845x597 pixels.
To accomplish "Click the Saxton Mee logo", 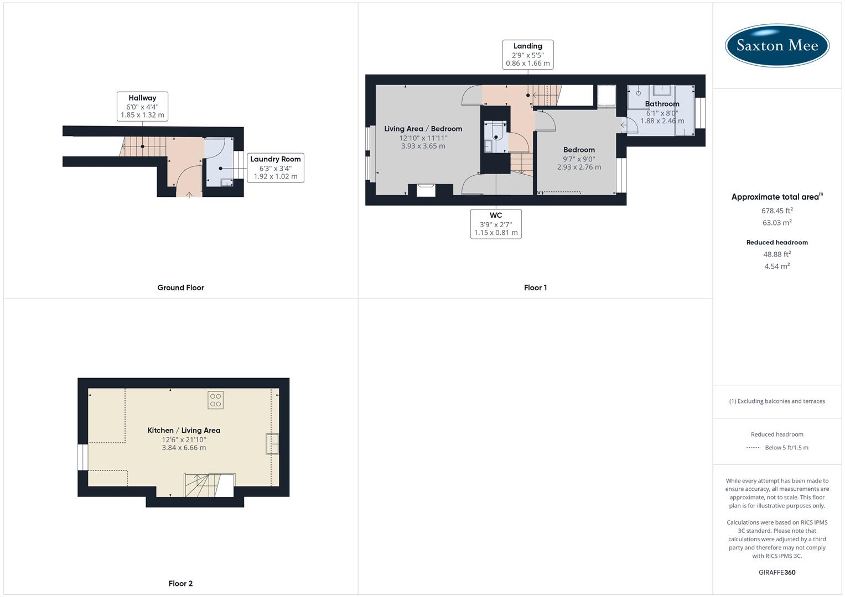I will (x=777, y=45).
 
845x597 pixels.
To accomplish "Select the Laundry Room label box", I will (x=275, y=168).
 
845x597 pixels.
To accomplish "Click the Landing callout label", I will (x=527, y=55).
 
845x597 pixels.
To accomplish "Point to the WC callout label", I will (x=496, y=224).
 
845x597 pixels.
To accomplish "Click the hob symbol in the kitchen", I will (x=216, y=400).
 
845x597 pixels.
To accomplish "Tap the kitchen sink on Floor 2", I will (x=272, y=444).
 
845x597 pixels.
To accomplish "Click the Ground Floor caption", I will (x=180, y=287).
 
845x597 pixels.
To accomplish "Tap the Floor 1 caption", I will (x=535, y=287).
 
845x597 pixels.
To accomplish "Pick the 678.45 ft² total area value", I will (x=777, y=211).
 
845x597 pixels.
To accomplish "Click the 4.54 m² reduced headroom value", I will (x=777, y=266).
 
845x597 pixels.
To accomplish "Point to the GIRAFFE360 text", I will (x=777, y=572).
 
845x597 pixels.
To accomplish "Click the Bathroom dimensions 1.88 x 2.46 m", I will (x=662, y=121).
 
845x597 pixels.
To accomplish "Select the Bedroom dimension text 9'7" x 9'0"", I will (x=579, y=159).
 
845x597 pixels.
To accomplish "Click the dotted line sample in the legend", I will (x=753, y=448).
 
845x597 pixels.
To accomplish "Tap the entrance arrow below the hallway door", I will (x=189, y=194).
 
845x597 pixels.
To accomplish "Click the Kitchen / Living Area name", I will (x=184, y=430).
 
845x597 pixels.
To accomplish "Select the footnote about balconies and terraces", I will (x=777, y=401).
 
